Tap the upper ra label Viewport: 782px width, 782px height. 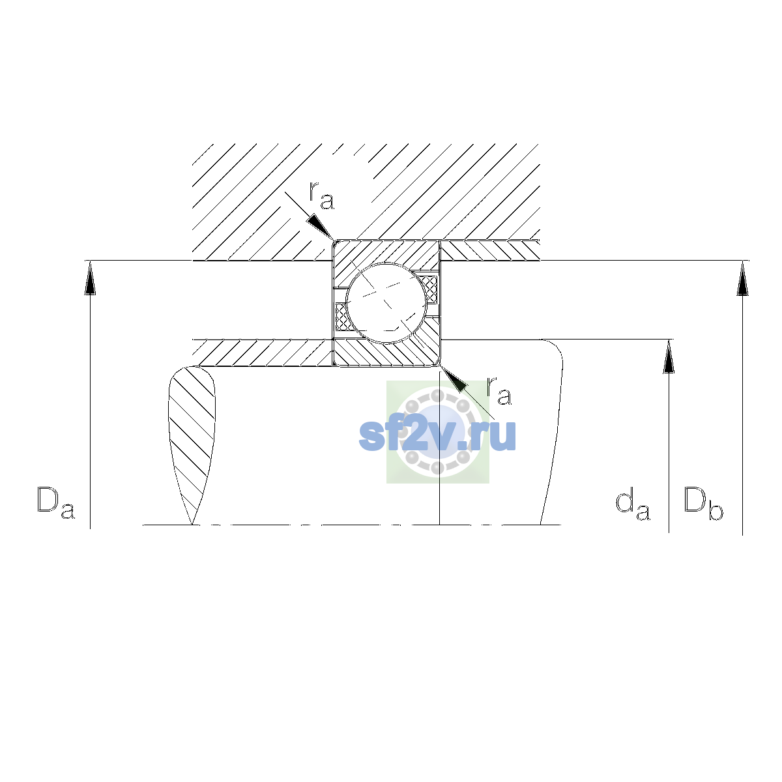pos(321,196)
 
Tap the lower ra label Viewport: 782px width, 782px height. pos(499,391)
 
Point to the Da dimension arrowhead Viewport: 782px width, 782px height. pos(90,278)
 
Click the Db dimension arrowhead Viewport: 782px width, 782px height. pos(743,278)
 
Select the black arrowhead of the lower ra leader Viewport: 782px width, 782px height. pos(454,379)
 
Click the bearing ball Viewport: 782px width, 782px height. pos(386,303)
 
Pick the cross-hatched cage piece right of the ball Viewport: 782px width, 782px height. pos(430,290)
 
